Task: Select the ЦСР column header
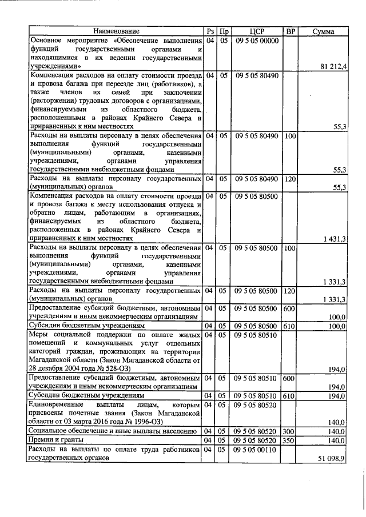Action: coord(257,31)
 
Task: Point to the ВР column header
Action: coord(290,31)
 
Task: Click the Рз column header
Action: coord(210,31)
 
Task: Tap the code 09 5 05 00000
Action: coord(257,41)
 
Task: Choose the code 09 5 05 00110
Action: coord(257,450)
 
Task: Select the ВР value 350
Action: coord(290,440)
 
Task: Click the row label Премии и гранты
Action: coord(55,440)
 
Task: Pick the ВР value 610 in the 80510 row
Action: coord(290,395)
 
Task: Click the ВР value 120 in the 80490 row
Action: coord(290,179)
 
